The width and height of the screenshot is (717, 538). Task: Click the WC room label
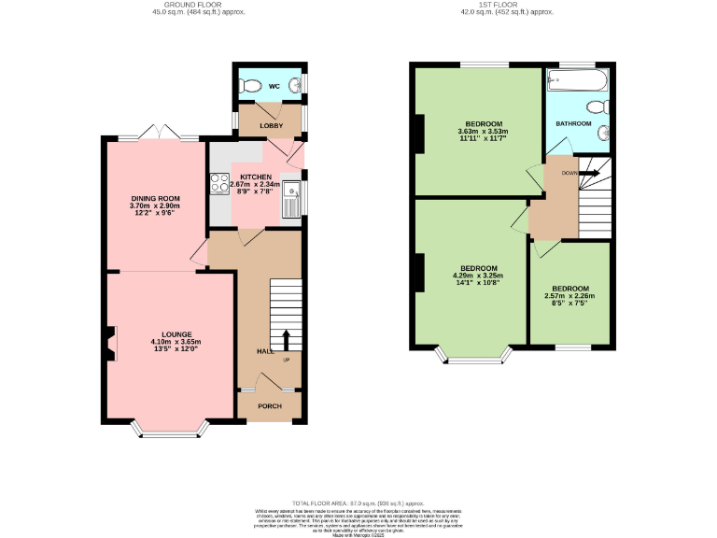[274, 87]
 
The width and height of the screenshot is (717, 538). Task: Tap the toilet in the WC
[250, 86]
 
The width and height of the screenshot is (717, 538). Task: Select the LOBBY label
[271, 124]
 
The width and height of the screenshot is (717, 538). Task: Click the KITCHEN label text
[256, 177]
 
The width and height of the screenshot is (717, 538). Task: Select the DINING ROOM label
[154, 197]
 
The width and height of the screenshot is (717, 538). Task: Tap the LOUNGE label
[176, 334]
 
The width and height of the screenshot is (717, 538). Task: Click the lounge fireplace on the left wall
[110, 342]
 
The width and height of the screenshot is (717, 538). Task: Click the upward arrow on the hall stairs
[286, 340]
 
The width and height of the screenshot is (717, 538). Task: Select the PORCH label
[270, 406]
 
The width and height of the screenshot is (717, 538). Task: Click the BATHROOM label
[573, 123]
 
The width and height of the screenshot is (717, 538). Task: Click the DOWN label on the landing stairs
[569, 173]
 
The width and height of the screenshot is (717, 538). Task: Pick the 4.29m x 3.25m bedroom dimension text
[476, 276]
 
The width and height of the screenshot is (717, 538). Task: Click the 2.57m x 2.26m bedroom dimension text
[569, 296]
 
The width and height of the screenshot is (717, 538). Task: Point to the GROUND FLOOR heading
[179, 5]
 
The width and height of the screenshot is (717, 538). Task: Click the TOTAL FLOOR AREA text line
[358, 503]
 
